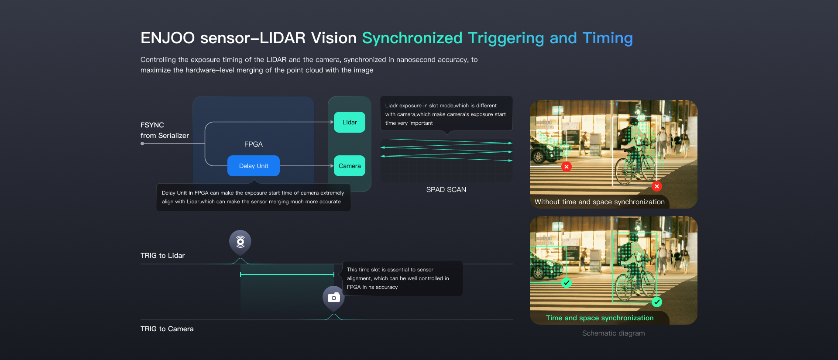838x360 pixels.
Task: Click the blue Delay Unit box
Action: pos(254,166)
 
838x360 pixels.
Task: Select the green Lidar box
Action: pos(350,122)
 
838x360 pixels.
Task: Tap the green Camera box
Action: pos(350,166)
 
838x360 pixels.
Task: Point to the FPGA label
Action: pos(254,144)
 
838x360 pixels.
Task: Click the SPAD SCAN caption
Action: pos(446,189)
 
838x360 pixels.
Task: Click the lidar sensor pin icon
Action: pos(240,242)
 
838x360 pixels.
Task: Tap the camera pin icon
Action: pos(334,298)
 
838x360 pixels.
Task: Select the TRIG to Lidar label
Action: pos(162,255)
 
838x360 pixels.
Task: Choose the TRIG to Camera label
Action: pos(167,329)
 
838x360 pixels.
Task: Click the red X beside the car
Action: pos(567,167)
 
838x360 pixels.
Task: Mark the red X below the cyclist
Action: pos(657,186)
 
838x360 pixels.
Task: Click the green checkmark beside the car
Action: pos(567,283)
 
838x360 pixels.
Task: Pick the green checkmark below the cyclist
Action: pos(657,302)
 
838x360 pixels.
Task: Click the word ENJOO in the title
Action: pos(168,38)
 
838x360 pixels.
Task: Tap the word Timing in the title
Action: pos(608,38)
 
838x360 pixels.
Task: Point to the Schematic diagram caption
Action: pos(613,333)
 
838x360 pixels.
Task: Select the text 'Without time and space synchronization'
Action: pos(600,202)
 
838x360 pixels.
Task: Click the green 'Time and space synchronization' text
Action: pos(600,318)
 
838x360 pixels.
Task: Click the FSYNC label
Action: pos(152,125)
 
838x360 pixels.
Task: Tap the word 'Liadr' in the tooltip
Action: pos(392,106)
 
